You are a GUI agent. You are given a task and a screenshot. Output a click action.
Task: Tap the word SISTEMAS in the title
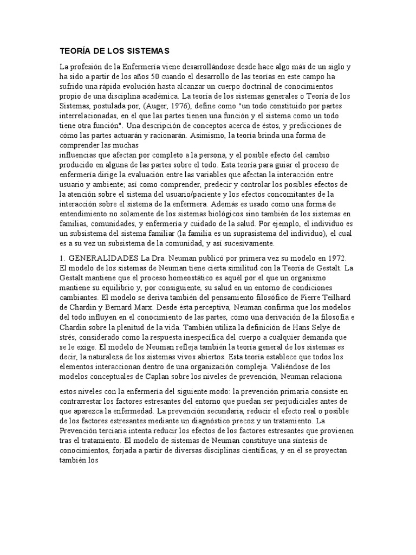click(148, 51)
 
